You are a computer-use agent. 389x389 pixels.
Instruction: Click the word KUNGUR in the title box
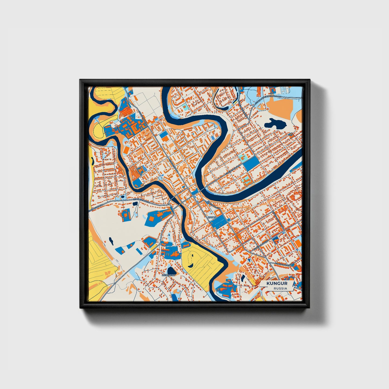(277, 283)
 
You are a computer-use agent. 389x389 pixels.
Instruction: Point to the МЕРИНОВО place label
(168, 275)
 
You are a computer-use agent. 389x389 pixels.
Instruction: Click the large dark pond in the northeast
(274, 124)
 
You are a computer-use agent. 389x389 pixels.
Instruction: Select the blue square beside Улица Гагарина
(164, 136)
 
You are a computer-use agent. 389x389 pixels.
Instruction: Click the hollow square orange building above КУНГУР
(219, 212)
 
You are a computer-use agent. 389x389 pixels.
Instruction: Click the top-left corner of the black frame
(80, 80)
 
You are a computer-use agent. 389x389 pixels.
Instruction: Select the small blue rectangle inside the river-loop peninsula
(213, 138)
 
